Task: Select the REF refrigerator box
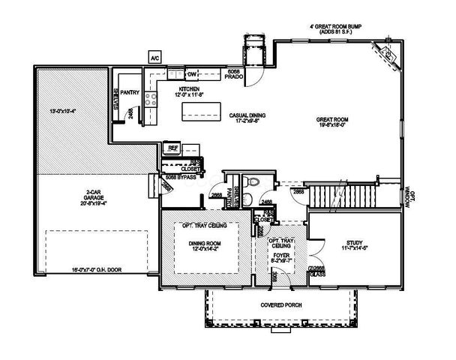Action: pos(172,148)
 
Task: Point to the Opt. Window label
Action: pos(408,196)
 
